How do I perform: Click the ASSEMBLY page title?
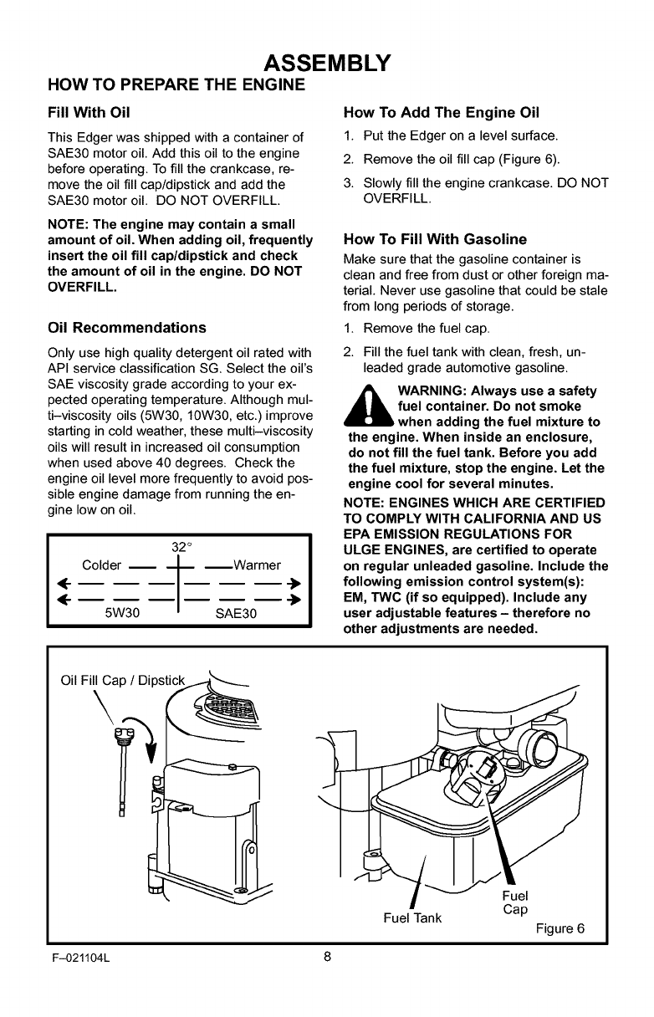(327, 64)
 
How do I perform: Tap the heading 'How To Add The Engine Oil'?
(442, 113)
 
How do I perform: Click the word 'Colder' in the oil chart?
(102, 564)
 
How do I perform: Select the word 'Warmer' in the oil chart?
(257, 564)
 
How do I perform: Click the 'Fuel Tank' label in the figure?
(411, 918)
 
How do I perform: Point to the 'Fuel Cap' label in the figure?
(515, 902)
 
